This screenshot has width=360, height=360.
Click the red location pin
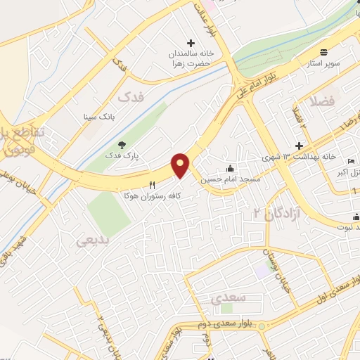point(181,165)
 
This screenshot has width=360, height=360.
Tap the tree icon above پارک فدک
point(122,144)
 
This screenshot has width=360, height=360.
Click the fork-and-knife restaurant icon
point(151,184)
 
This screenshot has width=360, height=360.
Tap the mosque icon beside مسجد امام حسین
point(230,169)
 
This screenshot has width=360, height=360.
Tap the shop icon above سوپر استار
point(323,53)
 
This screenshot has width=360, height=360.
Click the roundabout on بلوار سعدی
point(262,326)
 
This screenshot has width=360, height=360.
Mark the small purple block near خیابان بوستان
point(262,270)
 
